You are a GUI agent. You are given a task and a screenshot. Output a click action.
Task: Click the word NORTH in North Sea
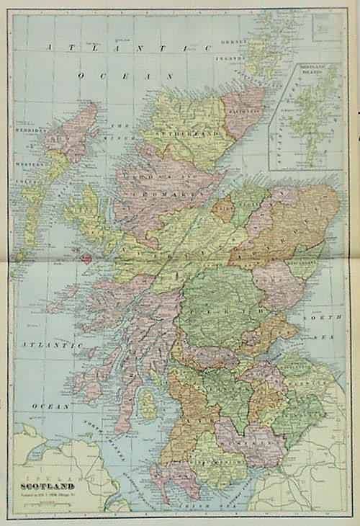[x=315, y=318]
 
